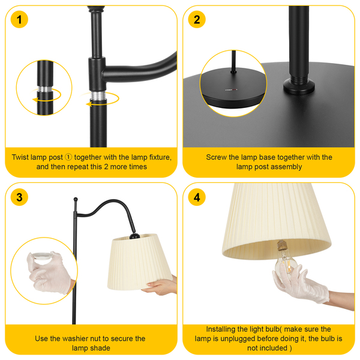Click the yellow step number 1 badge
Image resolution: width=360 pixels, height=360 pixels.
(x=19, y=20)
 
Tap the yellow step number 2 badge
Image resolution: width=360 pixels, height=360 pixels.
(x=197, y=20)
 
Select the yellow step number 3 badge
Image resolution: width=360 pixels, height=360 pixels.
(x=19, y=197)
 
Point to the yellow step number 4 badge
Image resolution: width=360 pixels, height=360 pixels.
(x=197, y=197)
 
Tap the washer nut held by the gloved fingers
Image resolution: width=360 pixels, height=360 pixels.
(x=42, y=256)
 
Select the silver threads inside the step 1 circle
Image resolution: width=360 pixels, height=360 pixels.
(x=45, y=89)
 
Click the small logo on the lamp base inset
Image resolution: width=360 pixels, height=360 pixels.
(x=231, y=90)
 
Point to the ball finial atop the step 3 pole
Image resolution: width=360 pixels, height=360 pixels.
(x=76, y=199)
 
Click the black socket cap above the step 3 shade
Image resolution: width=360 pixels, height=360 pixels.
(x=134, y=236)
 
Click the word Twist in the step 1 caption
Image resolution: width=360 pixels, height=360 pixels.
(x=20, y=157)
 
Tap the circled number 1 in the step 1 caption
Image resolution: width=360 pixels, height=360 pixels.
(x=68, y=157)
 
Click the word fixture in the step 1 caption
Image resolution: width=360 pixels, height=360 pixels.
(x=160, y=157)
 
